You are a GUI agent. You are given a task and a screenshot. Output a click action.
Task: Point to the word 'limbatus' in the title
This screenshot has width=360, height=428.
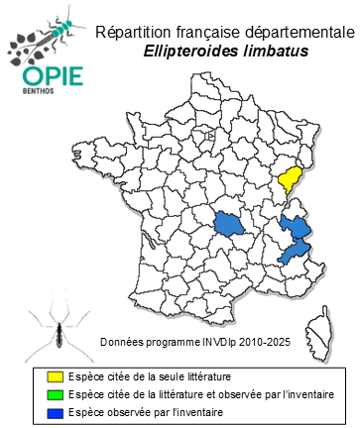tap(275, 51)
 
